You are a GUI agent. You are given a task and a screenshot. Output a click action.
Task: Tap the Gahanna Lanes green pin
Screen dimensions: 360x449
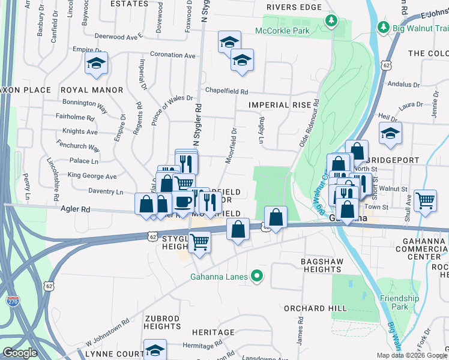click(x=258, y=277)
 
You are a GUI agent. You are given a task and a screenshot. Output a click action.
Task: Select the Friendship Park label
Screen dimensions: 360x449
click(x=399, y=302)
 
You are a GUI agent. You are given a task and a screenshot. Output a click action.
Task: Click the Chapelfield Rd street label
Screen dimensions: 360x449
click(x=226, y=92)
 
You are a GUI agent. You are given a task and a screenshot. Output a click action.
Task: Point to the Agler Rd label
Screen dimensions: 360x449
click(x=75, y=209)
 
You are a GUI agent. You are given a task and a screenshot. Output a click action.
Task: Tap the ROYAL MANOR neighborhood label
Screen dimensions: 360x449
click(x=91, y=90)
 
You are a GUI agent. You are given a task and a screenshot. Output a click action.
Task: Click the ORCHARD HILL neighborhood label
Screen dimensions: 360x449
click(x=315, y=308)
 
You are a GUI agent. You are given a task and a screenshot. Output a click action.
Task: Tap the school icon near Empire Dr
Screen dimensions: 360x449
click(x=95, y=64)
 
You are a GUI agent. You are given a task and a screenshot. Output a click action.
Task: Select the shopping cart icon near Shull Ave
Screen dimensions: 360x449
click(x=425, y=200)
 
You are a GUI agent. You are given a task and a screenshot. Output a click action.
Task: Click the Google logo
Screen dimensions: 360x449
click(x=20, y=353)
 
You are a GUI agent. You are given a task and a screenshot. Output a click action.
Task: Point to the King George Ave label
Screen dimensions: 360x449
click(x=92, y=176)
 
